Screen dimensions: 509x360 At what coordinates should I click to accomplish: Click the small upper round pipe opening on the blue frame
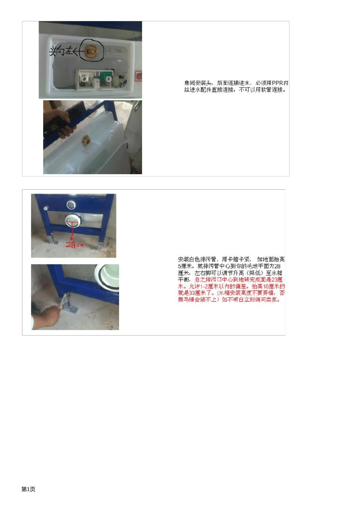pos(71,205)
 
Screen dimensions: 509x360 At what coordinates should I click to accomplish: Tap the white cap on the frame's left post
pos(46,208)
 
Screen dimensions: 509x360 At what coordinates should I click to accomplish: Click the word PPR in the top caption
pos(277,83)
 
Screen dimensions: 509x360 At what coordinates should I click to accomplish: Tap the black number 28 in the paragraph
pos(277,266)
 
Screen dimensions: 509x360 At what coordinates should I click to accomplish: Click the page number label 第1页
pos(28,489)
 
